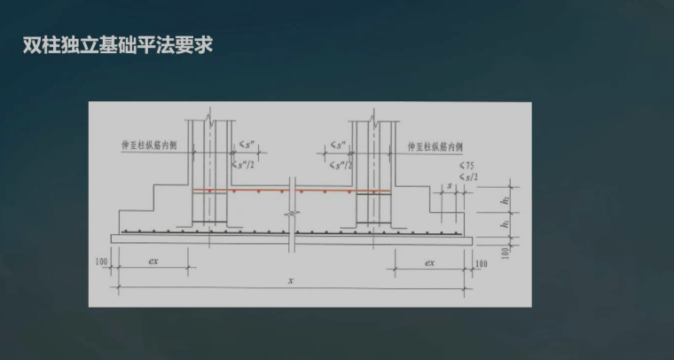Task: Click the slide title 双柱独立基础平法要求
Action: (119, 44)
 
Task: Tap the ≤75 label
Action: (466, 166)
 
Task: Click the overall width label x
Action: (292, 281)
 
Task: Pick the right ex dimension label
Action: (429, 262)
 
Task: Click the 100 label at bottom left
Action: (101, 263)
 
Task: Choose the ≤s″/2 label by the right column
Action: (337, 165)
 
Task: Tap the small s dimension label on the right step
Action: (451, 185)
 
